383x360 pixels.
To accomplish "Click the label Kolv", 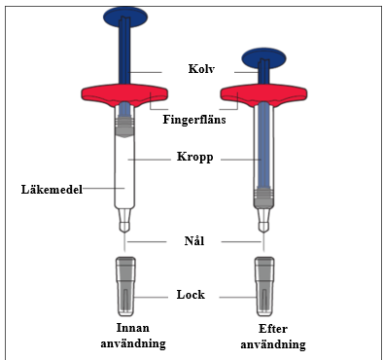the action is click(x=201, y=69).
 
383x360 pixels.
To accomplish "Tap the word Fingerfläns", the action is click(x=194, y=120).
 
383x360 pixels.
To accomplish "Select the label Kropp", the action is click(x=195, y=158).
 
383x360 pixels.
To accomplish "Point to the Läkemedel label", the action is click(x=52, y=189).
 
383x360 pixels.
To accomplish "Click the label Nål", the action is click(x=194, y=241).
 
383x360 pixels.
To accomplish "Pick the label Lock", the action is click(x=191, y=295).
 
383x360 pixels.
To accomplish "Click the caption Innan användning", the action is click(x=133, y=336).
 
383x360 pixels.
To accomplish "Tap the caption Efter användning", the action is click(x=273, y=337).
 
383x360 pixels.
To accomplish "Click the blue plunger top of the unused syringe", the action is click(x=125, y=17).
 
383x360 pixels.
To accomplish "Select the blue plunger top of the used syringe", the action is click(x=264, y=58).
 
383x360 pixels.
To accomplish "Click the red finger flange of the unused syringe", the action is click(x=124, y=95).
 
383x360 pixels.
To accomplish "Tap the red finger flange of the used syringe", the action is click(x=263, y=95).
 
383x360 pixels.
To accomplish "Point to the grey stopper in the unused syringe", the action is click(x=124, y=126).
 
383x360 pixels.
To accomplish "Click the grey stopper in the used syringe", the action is click(x=263, y=197).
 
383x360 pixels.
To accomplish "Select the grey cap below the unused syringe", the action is click(x=125, y=286).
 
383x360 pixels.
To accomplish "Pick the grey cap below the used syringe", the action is click(x=264, y=286).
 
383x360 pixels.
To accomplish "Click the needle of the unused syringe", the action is click(x=124, y=241).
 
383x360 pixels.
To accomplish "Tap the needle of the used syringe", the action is click(x=263, y=241).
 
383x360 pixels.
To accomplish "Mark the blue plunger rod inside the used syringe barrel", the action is click(x=263, y=145).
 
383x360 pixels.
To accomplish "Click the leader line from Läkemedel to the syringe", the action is click(x=103, y=188).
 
